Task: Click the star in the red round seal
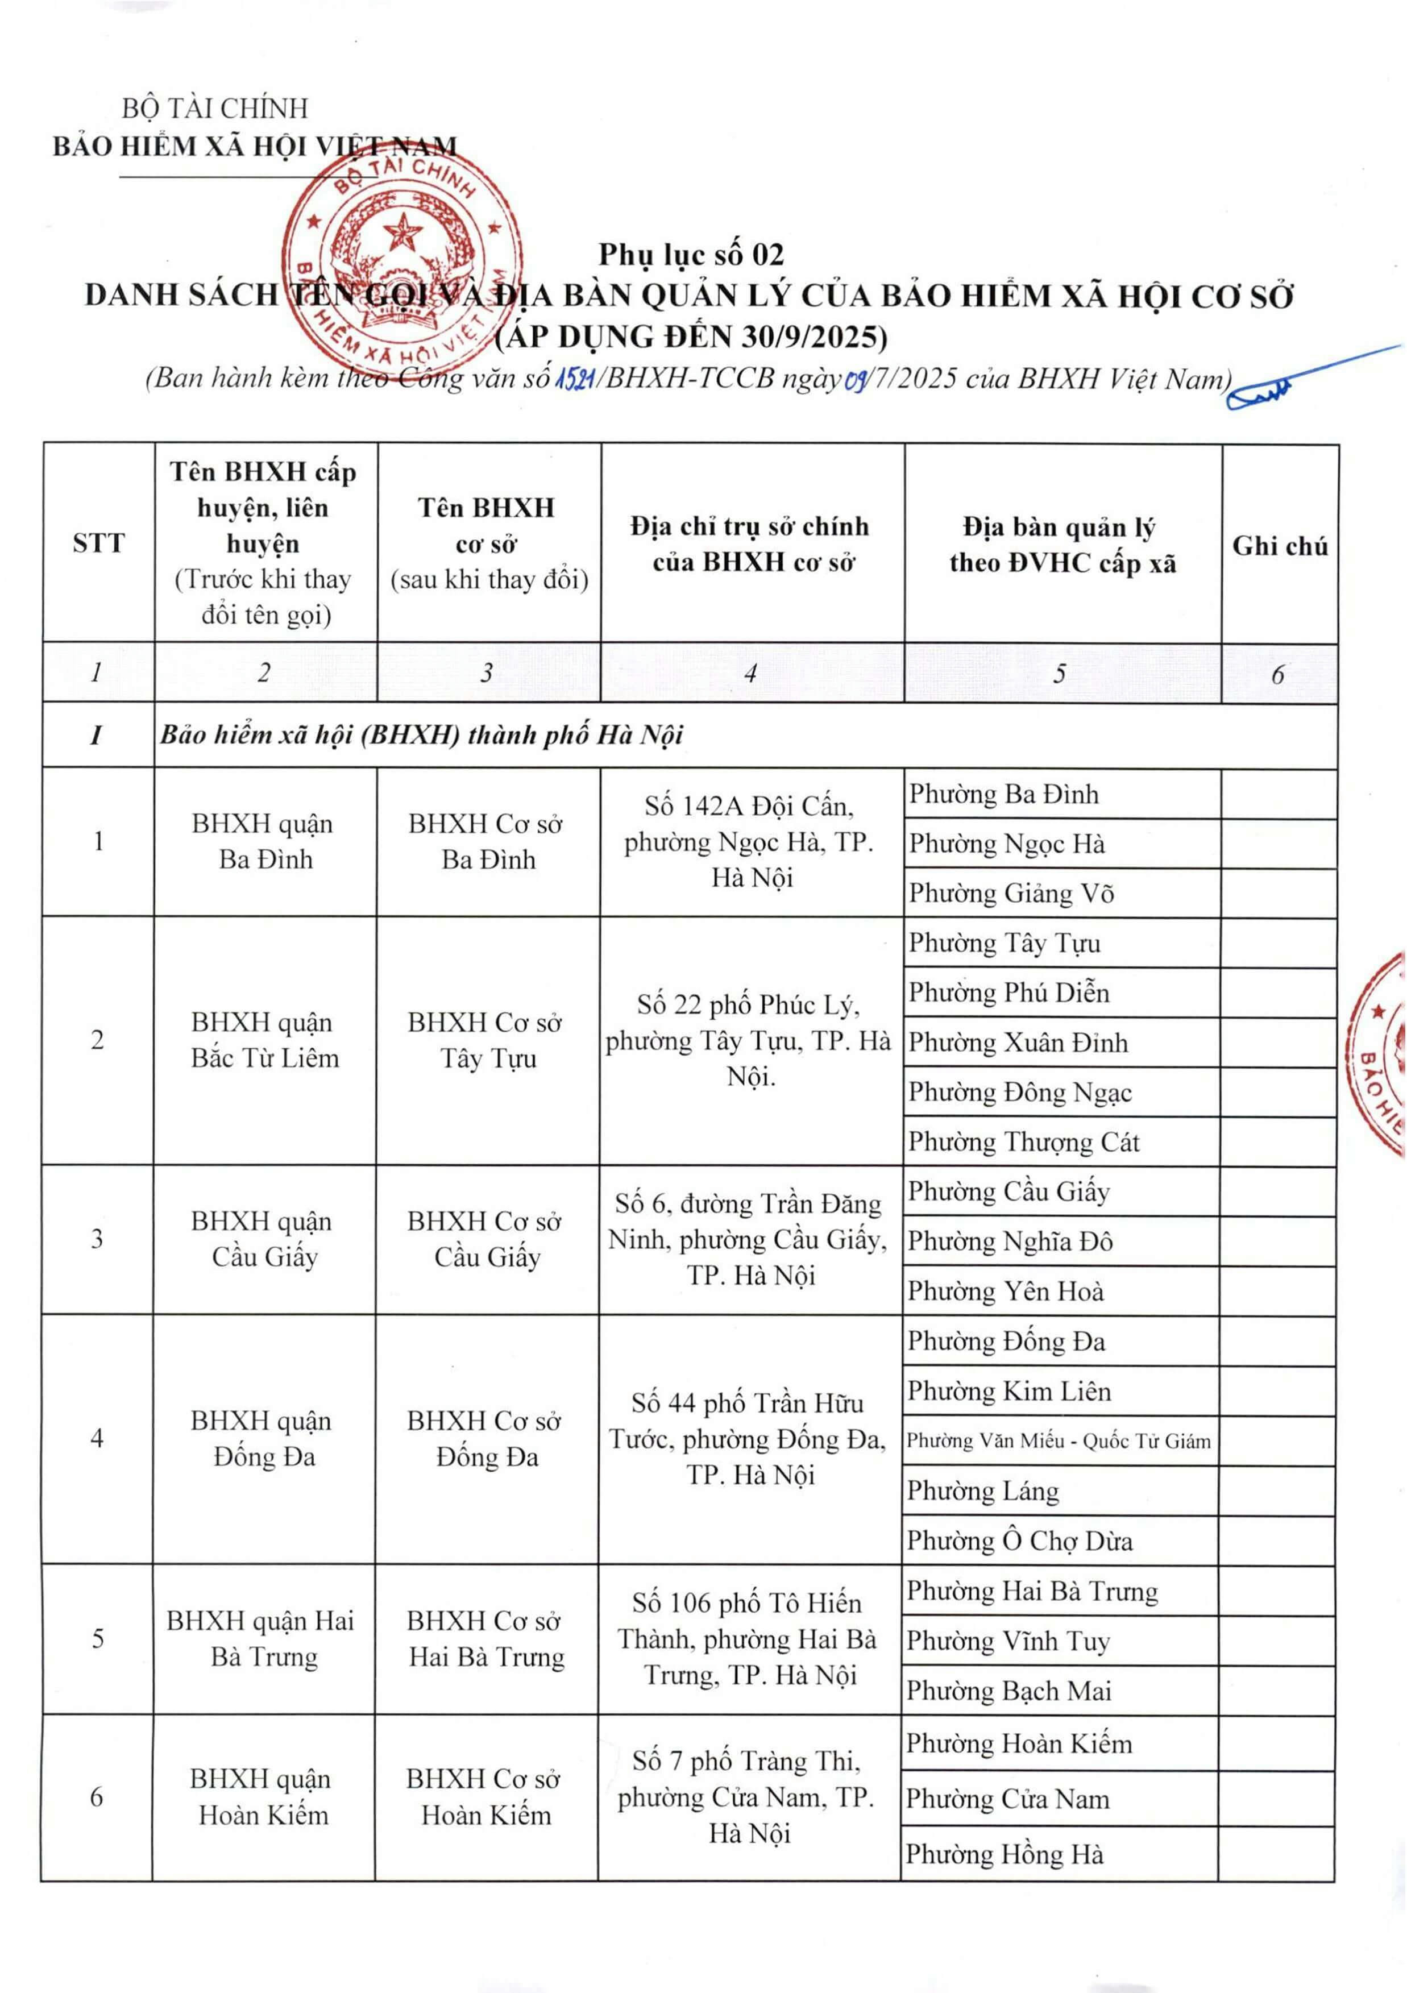402,232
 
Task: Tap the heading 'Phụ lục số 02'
691,254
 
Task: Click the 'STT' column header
98,543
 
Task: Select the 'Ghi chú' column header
1280,545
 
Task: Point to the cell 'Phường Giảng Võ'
1011,893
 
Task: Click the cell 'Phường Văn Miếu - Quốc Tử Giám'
1058,1441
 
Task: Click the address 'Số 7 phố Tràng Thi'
748,1797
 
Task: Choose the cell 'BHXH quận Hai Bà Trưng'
262,1639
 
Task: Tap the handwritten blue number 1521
574,379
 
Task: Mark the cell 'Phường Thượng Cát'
1023,1143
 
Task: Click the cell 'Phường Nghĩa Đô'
1010,1242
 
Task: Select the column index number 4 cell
751,672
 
